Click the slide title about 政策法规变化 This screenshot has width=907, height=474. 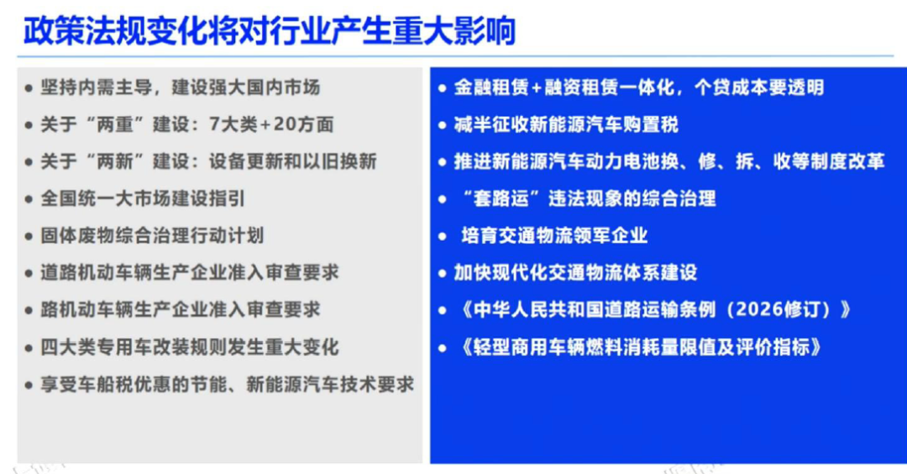tap(269, 30)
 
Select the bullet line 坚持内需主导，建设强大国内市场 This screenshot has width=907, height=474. tap(180, 87)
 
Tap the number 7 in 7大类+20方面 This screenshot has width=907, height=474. tap(215, 124)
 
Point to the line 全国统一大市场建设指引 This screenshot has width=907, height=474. tap(142, 198)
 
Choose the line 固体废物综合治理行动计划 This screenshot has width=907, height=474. tap(151, 235)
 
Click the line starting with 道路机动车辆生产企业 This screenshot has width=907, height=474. tap(189, 272)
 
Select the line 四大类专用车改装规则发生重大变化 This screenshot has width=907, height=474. tap(189, 347)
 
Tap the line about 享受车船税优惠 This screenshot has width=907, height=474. tap(227, 384)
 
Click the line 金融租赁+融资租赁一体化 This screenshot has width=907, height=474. tap(638, 87)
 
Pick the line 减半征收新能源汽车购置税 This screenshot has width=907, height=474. tap(566, 124)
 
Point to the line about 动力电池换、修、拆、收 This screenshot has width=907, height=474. tap(669, 161)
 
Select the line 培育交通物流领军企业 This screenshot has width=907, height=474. tap(553, 235)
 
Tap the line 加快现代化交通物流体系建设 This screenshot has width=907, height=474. tap(575, 272)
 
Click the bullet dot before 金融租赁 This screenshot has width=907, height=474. tap(443, 88)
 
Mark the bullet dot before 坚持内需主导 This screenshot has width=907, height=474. tap(29, 88)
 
